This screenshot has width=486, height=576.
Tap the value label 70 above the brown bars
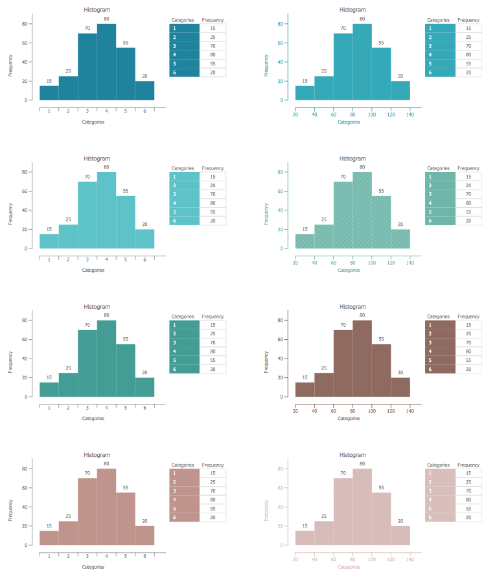pos(343,325)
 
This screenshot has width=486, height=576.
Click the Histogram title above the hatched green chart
pos(353,159)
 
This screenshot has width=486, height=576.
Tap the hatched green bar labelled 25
pos(324,236)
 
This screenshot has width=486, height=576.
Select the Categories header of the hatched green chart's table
pos(439,168)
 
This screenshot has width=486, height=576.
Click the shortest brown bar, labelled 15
pos(305,390)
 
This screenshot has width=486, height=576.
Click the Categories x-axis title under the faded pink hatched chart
pos(349,567)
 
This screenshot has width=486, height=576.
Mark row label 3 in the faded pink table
pos(429,491)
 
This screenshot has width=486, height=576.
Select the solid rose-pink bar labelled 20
pos(145,535)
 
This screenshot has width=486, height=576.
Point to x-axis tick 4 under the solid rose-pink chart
pos(106,557)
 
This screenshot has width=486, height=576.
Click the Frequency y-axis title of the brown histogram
pos(266,359)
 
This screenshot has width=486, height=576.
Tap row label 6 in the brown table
pos(429,369)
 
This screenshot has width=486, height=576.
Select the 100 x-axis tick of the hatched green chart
pos(372,262)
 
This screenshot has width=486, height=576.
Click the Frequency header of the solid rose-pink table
pos(213,465)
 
